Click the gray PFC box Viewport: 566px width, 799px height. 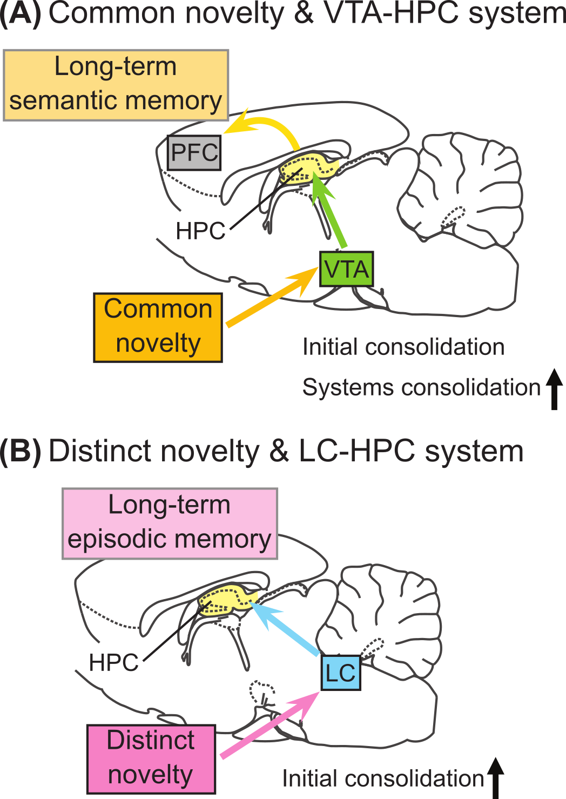(x=194, y=153)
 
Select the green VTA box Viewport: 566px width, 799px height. (x=346, y=269)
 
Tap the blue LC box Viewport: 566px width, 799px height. (x=341, y=673)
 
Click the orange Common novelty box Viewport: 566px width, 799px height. (x=158, y=327)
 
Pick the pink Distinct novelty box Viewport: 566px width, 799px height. (x=151, y=758)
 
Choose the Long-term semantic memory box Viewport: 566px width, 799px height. (x=116, y=85)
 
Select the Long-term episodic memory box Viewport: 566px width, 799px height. (x=170, y=523)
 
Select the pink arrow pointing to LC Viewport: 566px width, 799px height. (x=267, y=727)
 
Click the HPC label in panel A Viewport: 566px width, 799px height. (x=200, y=231)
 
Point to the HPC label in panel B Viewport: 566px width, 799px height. (x=114, y=662)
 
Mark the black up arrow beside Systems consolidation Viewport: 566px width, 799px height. (x=554, y=389)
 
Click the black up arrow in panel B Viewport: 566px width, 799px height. (x=496, y=778)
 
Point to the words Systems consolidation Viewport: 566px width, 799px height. (x=421, y=388)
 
